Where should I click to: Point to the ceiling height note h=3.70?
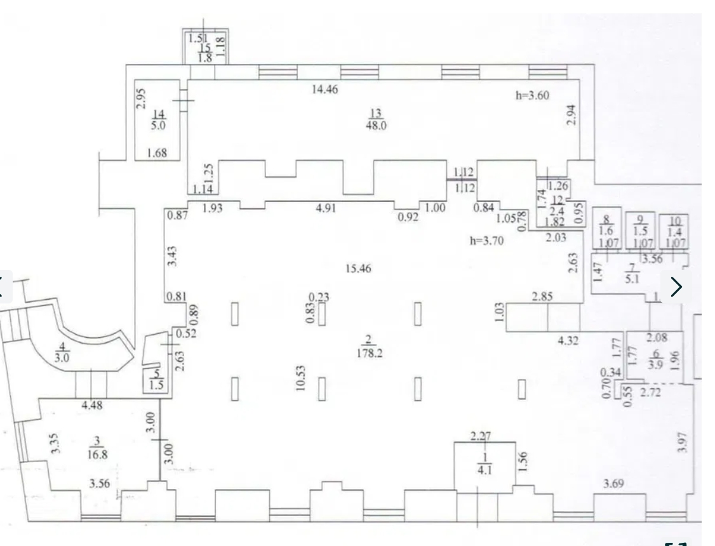click(x=486, y=241)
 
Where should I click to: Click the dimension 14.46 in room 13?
click(x=324, y=90)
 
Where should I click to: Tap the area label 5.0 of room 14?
click(x=159, y=125)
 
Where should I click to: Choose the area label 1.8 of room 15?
click(x=205, y=58)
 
